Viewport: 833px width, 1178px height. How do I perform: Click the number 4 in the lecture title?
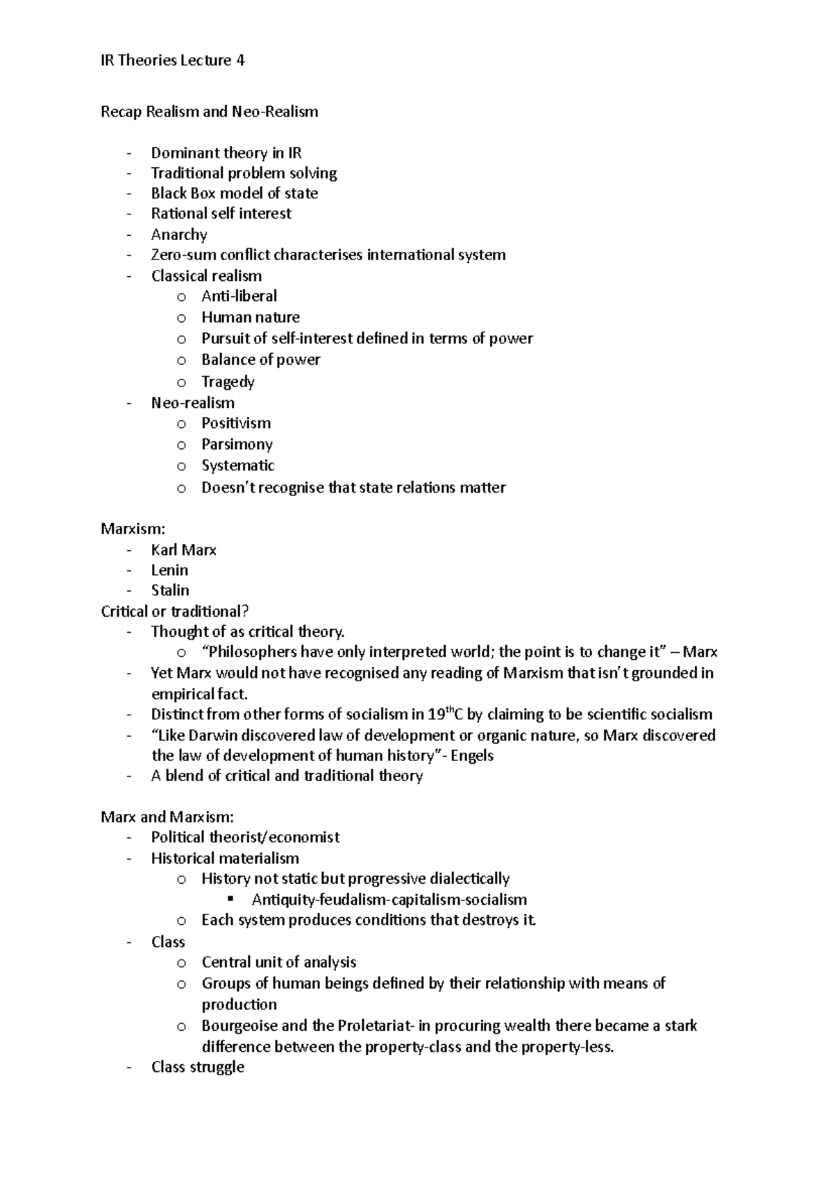(240, 60)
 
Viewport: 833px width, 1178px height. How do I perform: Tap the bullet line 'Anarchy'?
(179, 234)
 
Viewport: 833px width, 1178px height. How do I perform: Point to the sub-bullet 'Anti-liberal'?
(239, 296)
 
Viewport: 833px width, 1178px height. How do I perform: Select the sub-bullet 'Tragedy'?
(228, 382)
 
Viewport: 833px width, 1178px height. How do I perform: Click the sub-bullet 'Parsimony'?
(237, 444)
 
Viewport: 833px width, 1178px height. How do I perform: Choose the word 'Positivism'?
(236, 423)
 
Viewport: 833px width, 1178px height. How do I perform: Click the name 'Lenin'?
(169, 570)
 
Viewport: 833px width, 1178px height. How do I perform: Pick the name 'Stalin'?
(170, 590)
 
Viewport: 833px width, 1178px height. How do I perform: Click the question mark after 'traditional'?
(245, 611)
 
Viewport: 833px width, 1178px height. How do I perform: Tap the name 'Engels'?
(472, 756)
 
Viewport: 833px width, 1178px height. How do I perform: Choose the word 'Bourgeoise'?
(239, 1025)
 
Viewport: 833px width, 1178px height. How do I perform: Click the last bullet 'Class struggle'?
(198, 1067)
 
